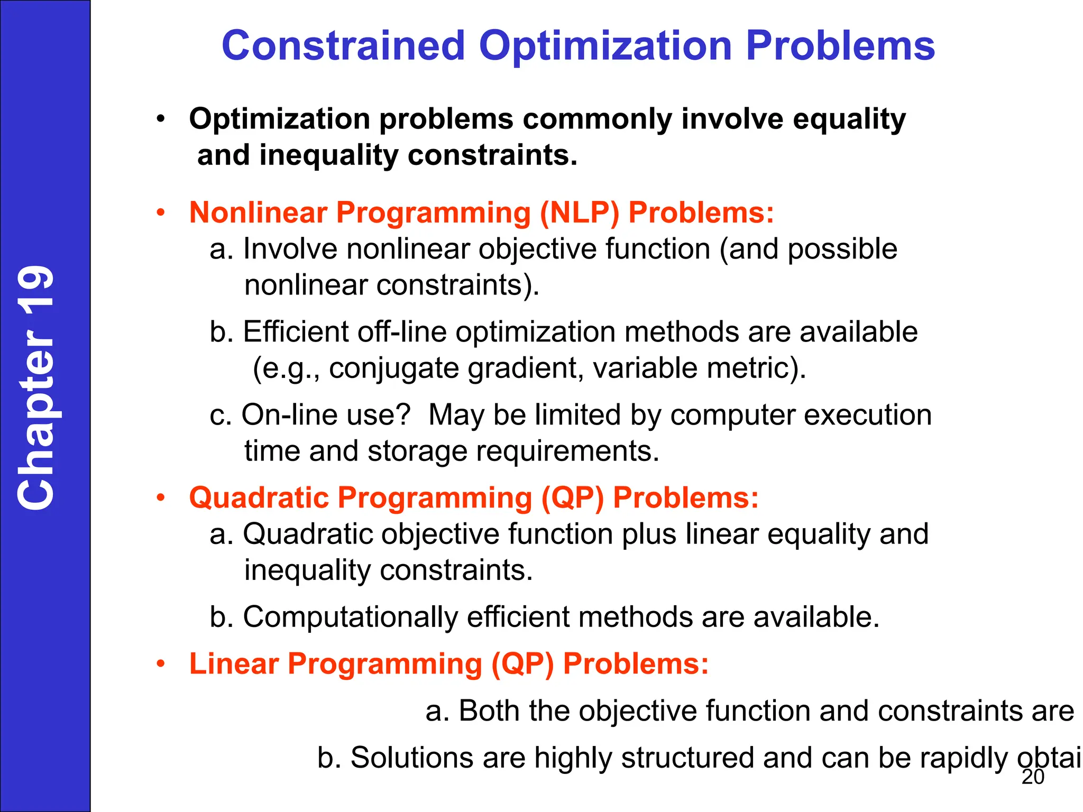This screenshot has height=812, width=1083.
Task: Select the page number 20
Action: point(1033,777)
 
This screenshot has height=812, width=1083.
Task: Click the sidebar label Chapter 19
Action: point(36,387)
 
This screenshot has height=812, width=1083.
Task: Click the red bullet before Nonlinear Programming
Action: point(161,213)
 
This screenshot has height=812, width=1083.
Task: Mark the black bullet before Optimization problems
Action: point(161,119)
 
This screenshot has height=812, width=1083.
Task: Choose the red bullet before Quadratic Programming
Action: point(161,499)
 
